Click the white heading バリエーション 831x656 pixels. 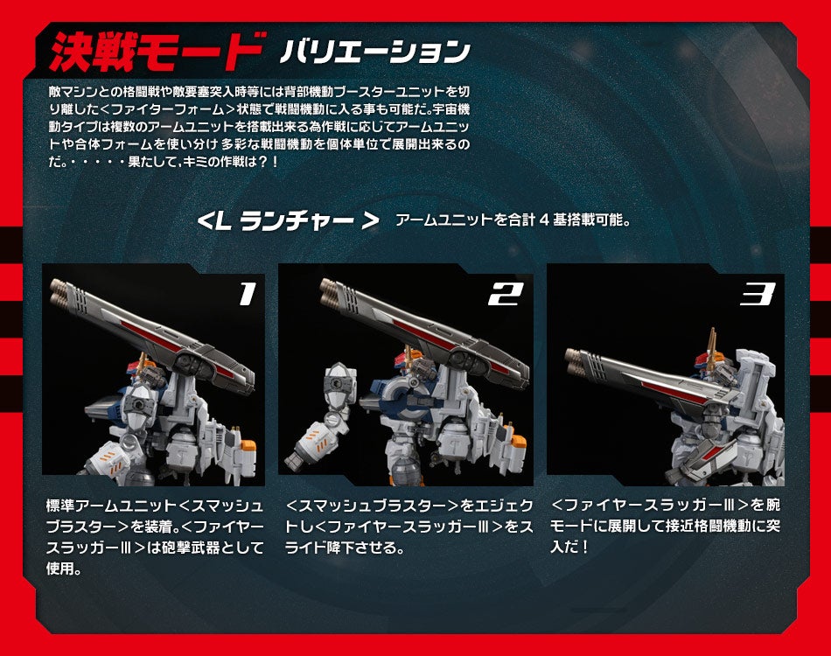coord(376,52)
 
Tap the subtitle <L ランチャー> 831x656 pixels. coord(288,220)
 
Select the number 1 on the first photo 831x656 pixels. coord(247,294)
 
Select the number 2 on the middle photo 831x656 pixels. coord(506,294)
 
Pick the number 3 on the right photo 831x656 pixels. coord(758,294)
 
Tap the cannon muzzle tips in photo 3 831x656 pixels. coord(575,359)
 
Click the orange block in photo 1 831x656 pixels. coord(248,450)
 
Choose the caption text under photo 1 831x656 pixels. coord(154,537)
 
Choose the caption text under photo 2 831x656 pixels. coord(409,527)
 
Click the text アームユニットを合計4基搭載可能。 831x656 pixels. coord(513,220)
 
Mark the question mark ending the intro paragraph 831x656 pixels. coord(262,162)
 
